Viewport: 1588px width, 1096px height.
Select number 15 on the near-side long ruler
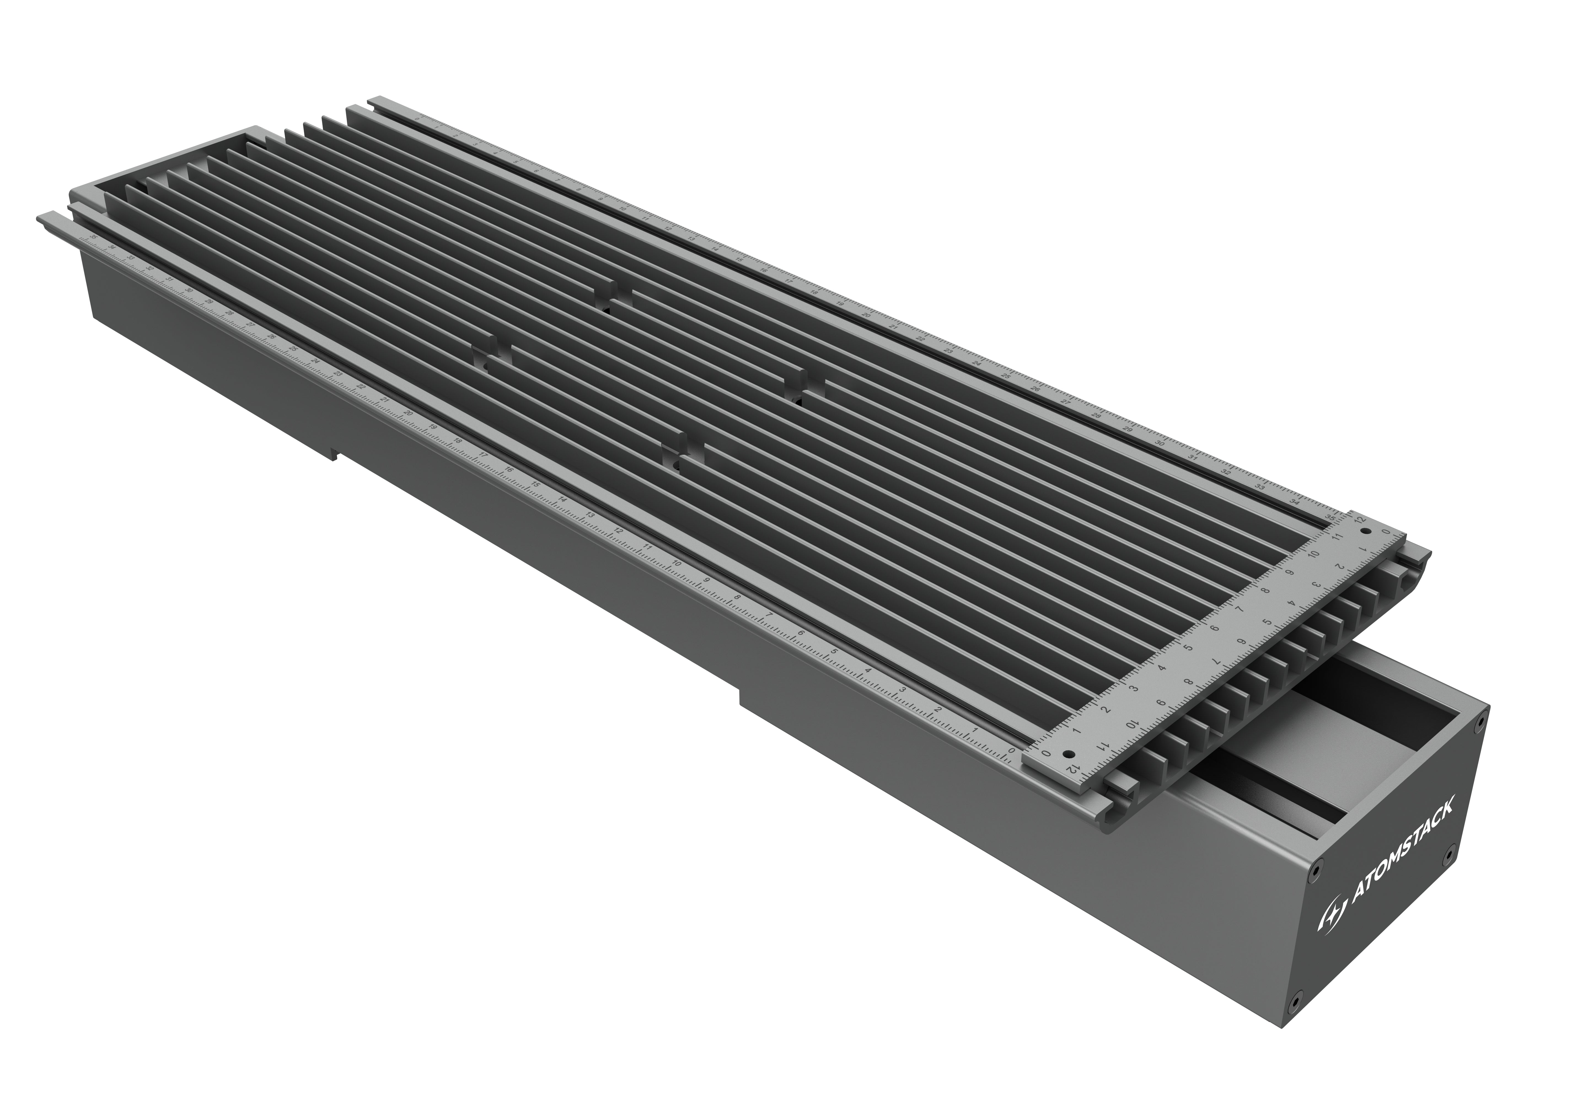(x=535, y=485)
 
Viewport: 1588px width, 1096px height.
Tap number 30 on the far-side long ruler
(x=1160, y=443)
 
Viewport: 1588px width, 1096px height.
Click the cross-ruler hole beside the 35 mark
(x=1365, y=532)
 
